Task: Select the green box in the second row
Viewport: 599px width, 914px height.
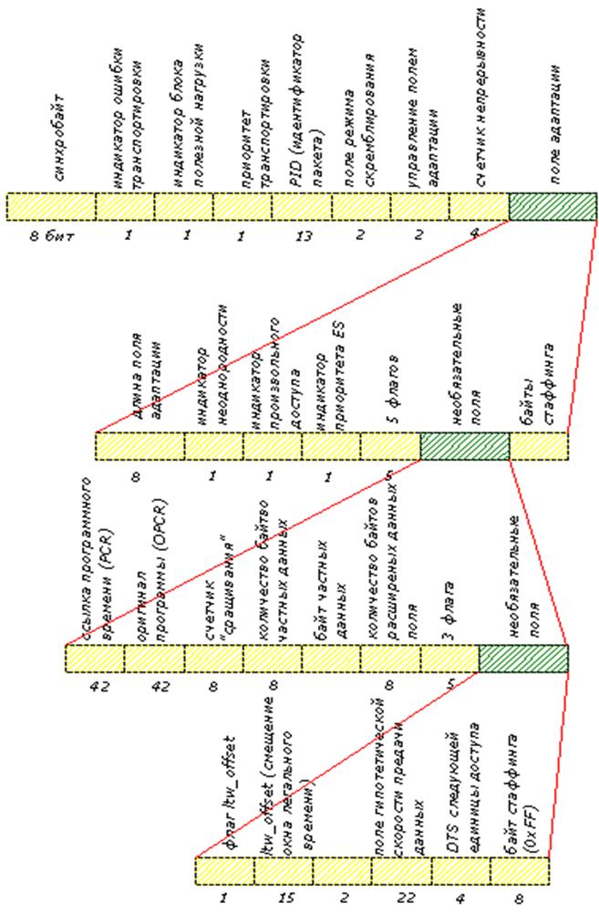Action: (464, 446)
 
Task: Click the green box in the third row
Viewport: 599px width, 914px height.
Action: (522, 658)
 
